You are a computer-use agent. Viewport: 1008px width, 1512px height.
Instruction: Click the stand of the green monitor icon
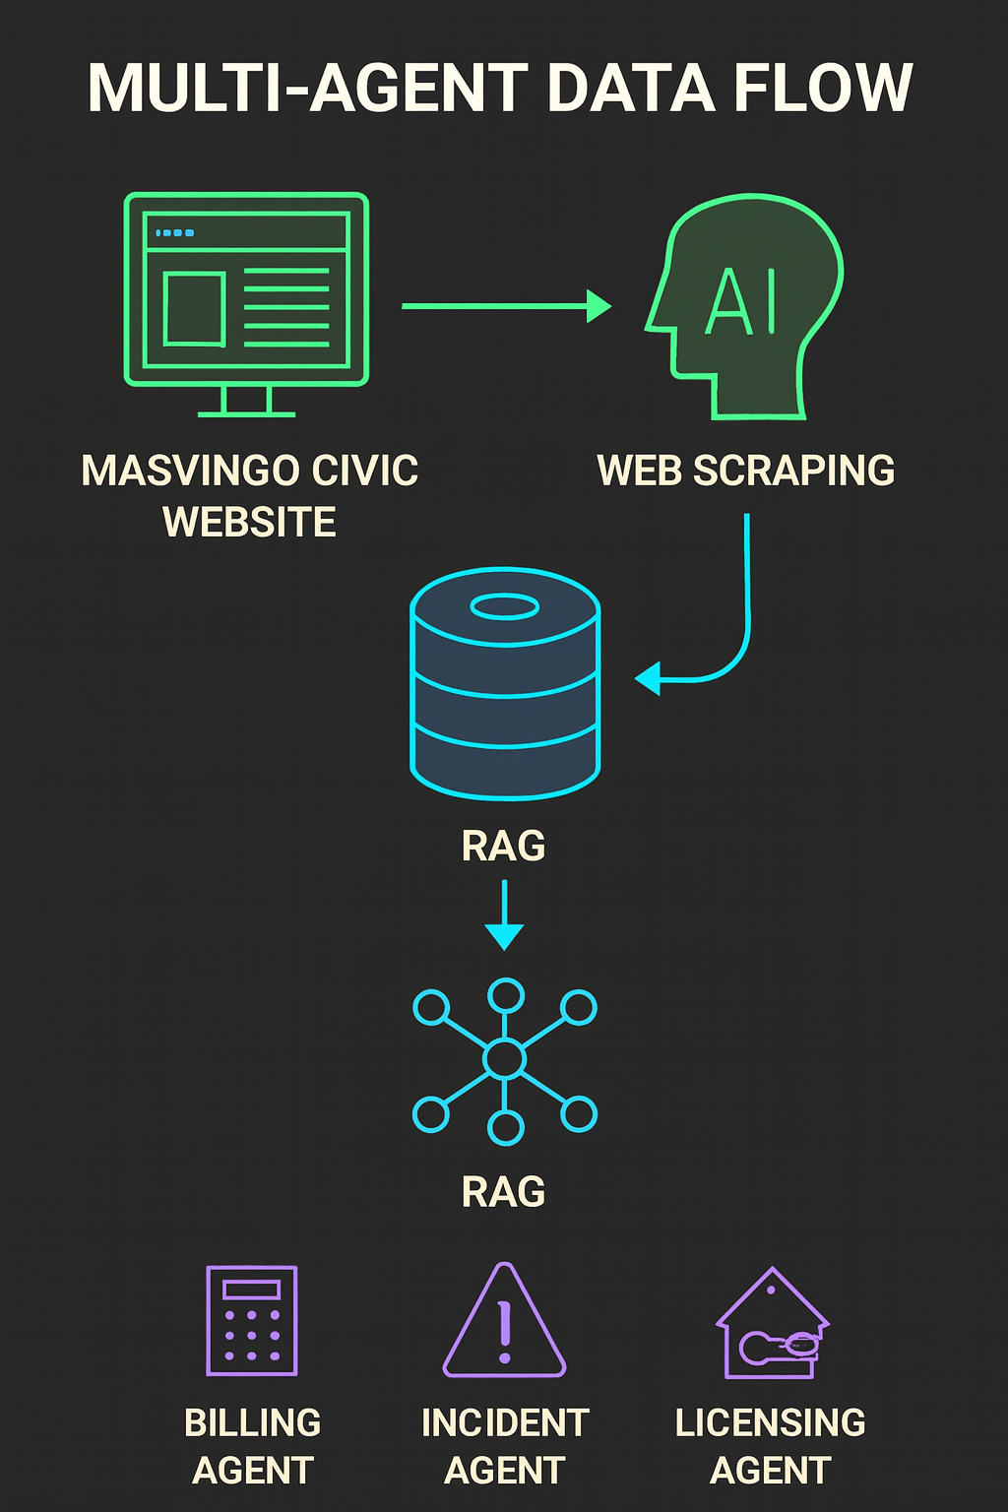click(x=246, y=401)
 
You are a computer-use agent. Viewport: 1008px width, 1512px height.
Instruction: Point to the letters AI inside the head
click(x=742, y=301)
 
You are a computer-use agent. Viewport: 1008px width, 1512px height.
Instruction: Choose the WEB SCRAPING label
click(x=745, y=471)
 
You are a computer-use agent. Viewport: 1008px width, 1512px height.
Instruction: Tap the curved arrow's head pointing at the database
click(x=649, y=678)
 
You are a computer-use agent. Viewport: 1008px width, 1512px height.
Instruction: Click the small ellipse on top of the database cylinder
click(x=505, y=606)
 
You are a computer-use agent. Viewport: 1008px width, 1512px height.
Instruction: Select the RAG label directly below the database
click(x=503, y=847)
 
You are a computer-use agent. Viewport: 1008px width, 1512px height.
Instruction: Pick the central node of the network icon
click(x=505, y=1059)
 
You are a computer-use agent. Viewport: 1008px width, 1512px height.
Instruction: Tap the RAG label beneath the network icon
click(x=503, y=1192)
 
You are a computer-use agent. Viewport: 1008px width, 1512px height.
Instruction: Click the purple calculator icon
click(x=252, y=1320)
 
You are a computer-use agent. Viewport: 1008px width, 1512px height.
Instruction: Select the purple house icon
click(x=773, y=1324)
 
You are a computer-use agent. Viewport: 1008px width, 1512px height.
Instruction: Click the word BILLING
click(x=252, y=1423)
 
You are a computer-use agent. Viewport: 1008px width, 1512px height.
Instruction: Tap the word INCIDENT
click(x=505, y=1423)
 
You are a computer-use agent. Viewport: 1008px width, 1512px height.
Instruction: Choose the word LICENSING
click(x=770, y=1423)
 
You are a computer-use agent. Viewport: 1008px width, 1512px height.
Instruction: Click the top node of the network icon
click(x=506, y=995)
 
